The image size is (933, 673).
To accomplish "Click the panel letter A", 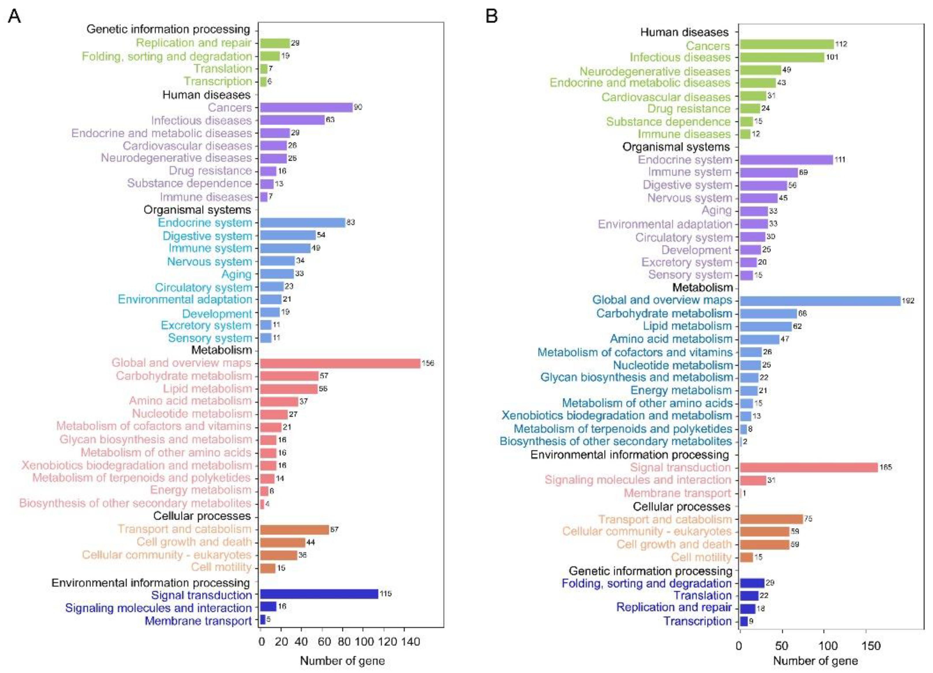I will click(x=14, y=16).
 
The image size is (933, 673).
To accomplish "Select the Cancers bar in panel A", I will click(x=306, y=107).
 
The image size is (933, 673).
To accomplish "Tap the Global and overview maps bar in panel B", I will click(x=820, y=301).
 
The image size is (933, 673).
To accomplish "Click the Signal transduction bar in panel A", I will click(x=319, y=594).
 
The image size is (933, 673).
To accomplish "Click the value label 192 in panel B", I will click(x=908, y=301).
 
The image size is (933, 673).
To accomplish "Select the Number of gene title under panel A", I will click(x=342, y=661).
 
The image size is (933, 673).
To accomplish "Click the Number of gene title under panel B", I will click(x=815, y=661).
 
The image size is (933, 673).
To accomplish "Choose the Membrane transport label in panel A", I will click(x=198, y=621).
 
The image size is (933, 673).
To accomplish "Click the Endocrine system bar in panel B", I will click(x=786, y=160).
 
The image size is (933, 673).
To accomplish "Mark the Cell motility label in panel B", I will click(x=701, y=557).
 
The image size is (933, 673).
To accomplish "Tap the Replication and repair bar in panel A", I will click(x=275, y=43).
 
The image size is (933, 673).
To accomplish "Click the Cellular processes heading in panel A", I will click(x=201, y=516).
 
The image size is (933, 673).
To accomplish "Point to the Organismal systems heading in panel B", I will click(x=676, y=147).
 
